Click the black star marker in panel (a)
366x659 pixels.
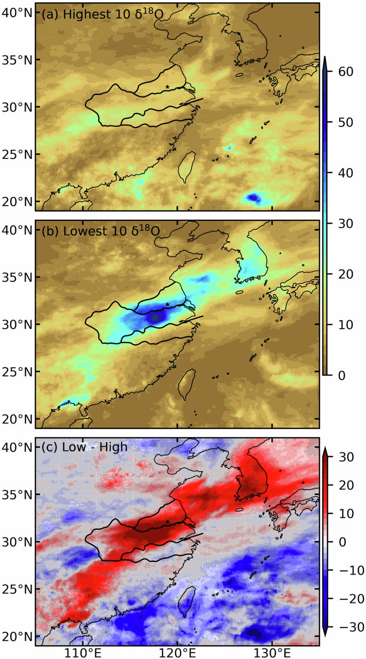[168, 86]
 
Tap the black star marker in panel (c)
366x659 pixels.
[168, 521]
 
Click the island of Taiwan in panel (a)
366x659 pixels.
[186, 166]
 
